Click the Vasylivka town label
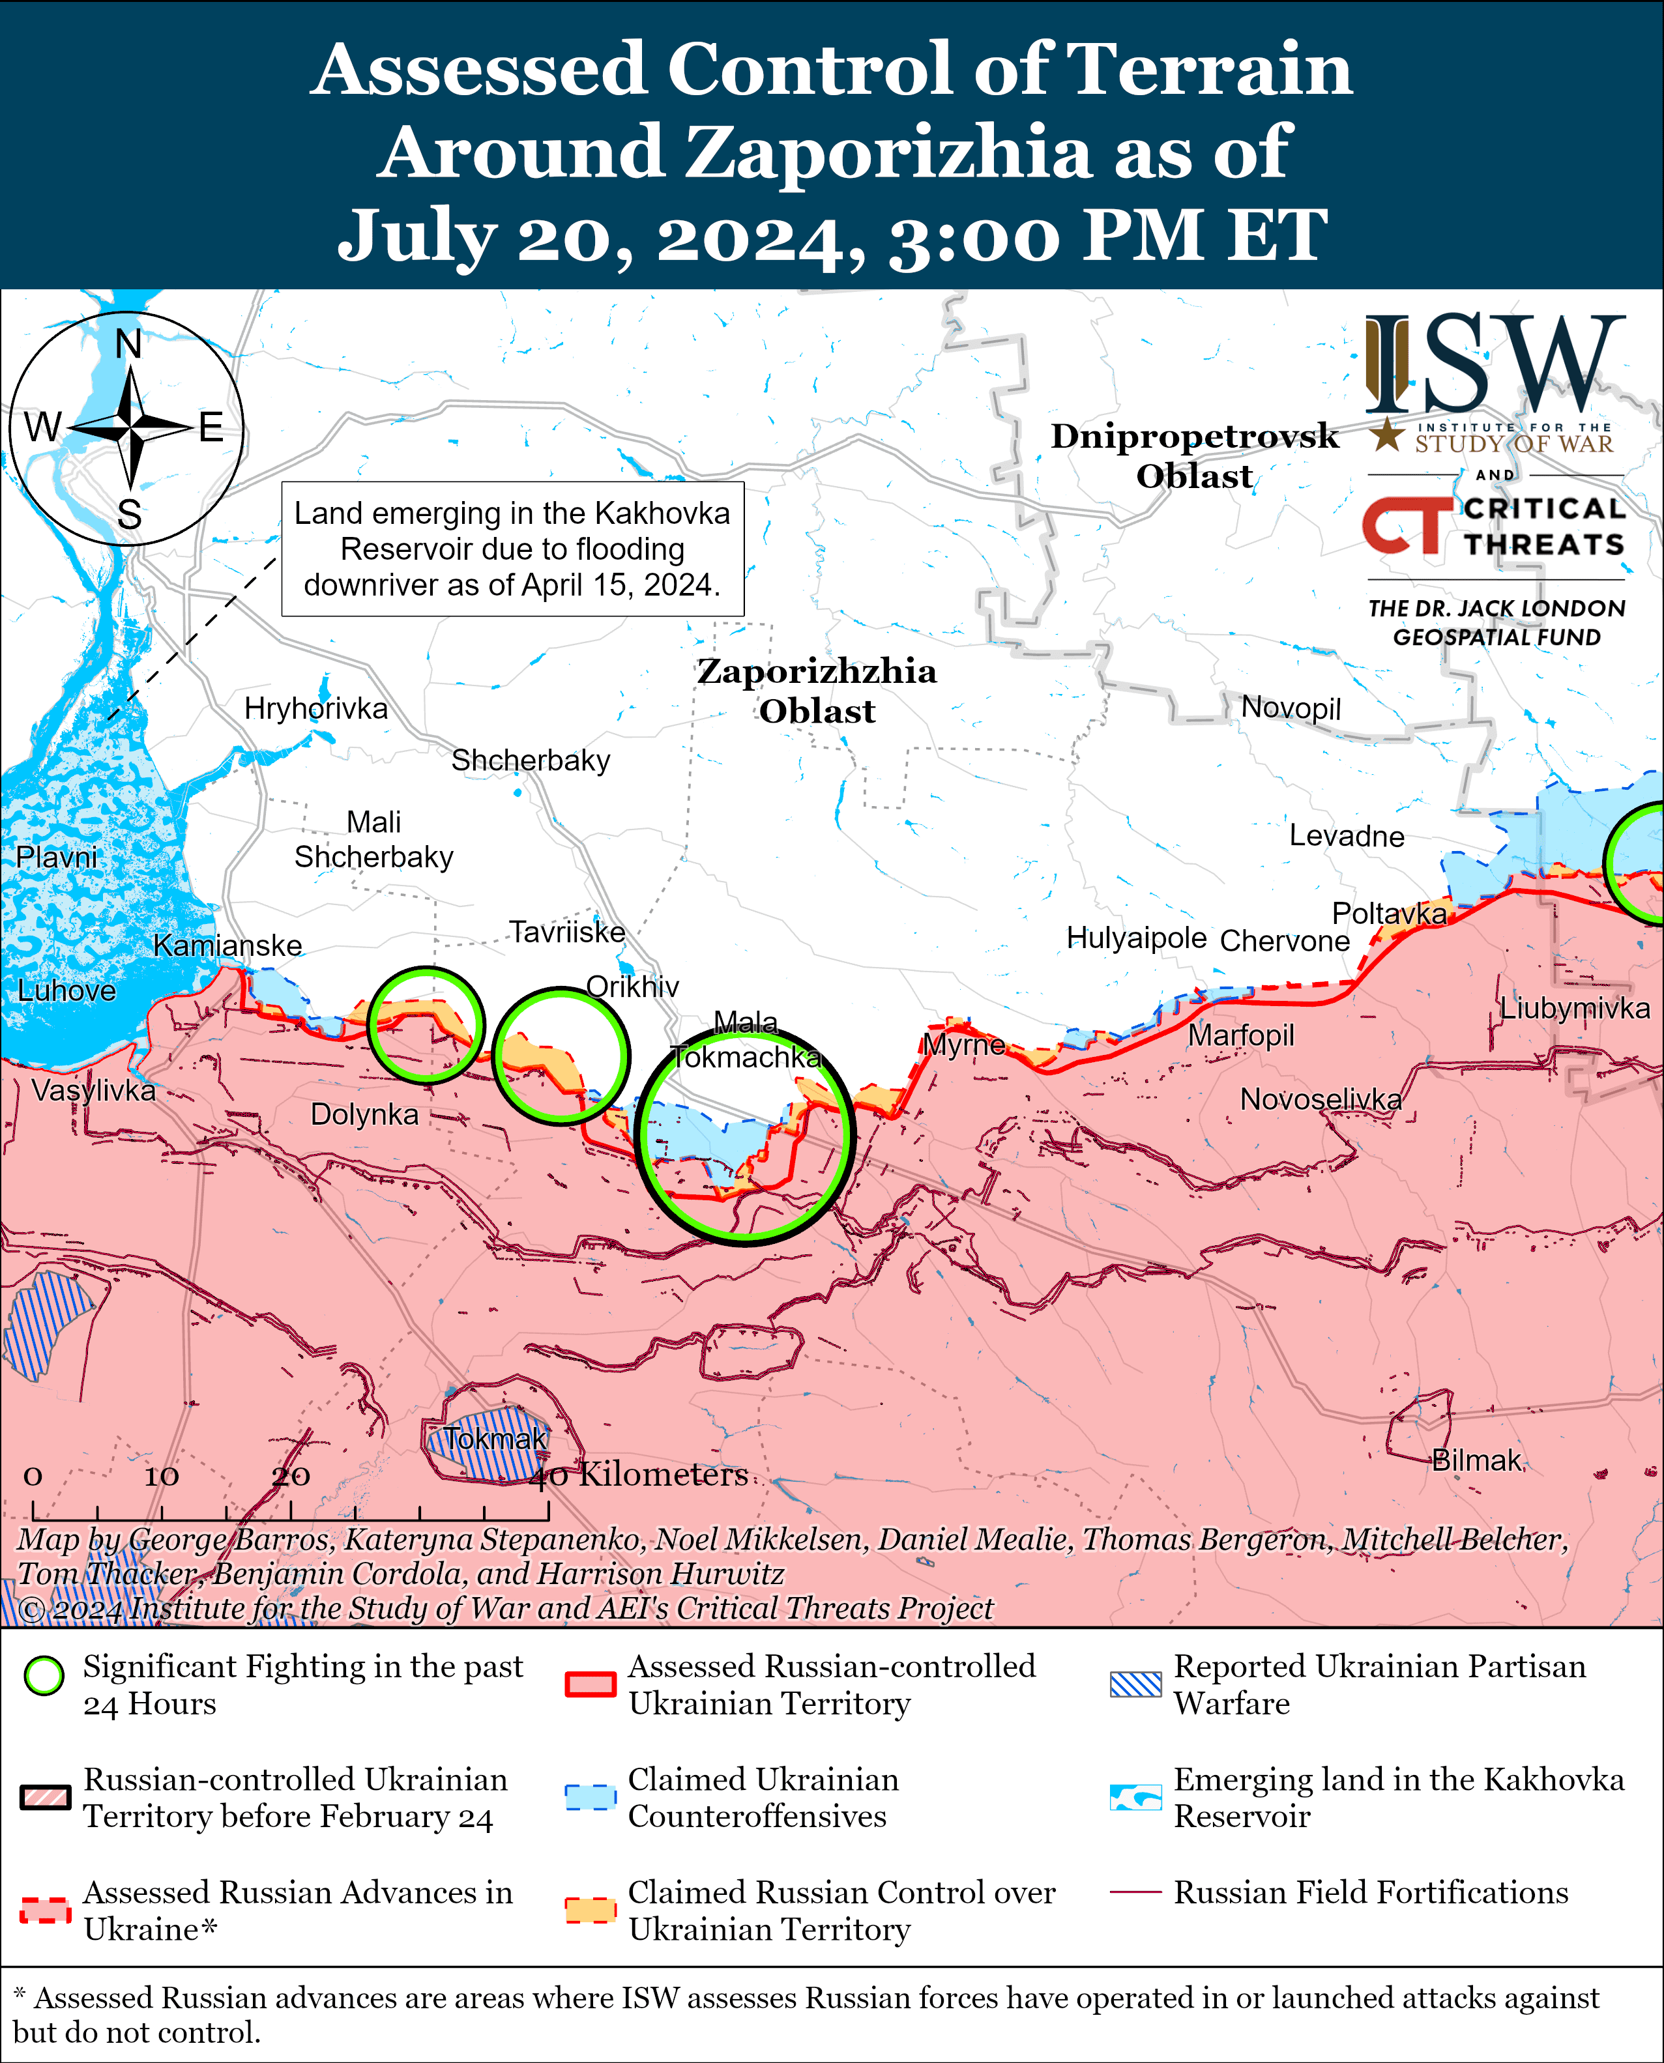[x=93, y=1089]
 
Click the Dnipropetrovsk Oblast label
[x=1194, y=455]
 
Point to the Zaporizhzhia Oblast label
[x=817, y=690]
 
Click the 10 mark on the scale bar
[x=161, y=1477]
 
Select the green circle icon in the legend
[x=44, y=1675]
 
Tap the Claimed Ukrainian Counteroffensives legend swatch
[x=589, y=1796]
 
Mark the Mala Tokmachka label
[x=746, y=1039]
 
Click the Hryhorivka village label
[x=315, y=708]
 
